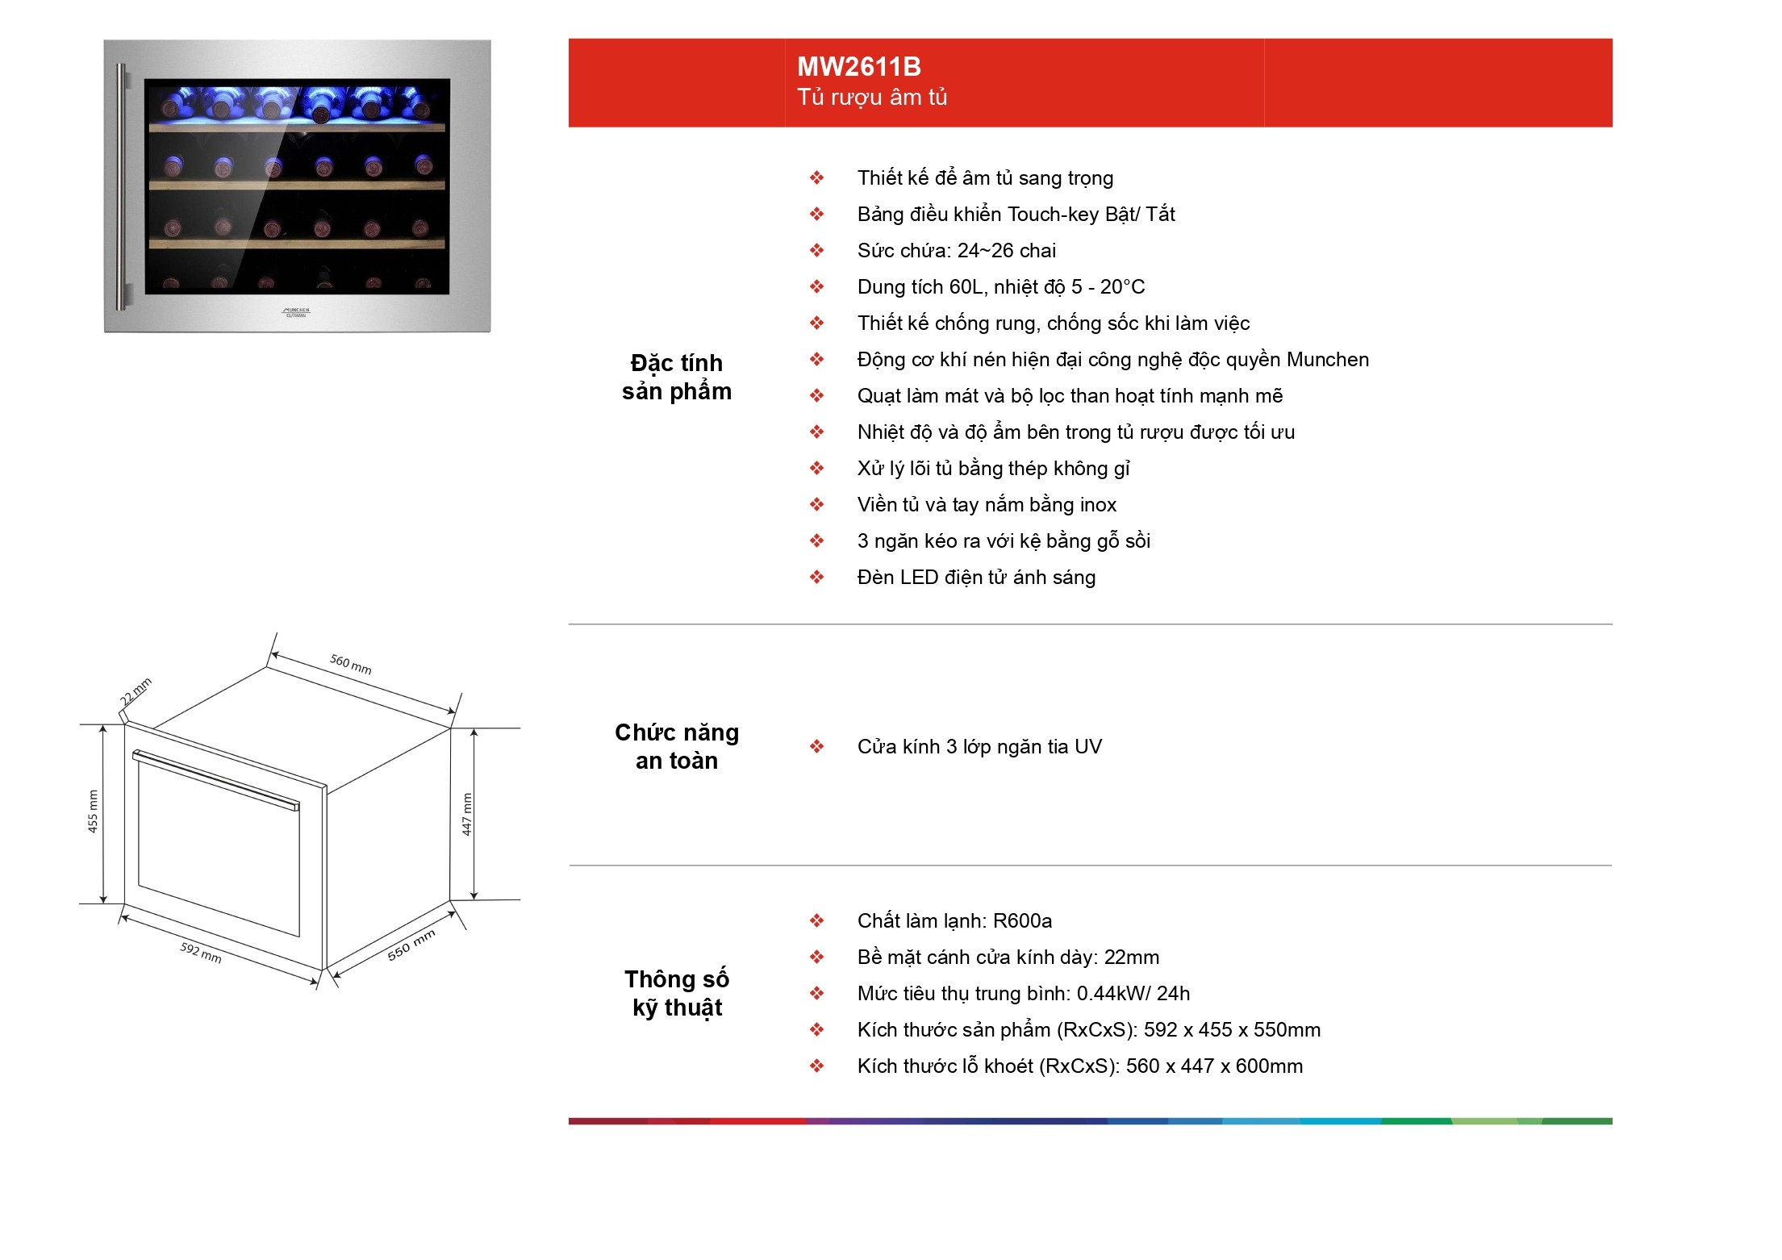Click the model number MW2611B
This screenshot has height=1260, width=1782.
[x=859, y=66]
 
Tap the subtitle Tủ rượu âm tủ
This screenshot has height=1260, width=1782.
[x=872, y=98]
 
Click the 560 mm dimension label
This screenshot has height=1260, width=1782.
[x=351, y=664]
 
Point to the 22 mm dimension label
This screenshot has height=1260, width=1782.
[x=136, y=691]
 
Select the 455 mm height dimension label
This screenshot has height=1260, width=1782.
[x=93, y=811]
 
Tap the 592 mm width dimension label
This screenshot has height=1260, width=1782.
[x=201, y=952]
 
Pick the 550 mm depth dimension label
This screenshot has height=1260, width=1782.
[x=411, y=945]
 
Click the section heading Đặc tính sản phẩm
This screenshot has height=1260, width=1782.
[x=677, y=377]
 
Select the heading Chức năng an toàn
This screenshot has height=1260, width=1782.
[x=677, y=746]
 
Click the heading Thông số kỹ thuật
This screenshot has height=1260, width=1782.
[x=677, y=993]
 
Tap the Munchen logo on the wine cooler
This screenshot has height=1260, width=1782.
[x=296, y=312]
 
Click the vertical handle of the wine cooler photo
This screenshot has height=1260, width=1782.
[x=122, y=187]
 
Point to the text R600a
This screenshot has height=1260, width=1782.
[x=1022, y=921]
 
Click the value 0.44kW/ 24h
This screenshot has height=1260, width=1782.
[x=1133, y=994]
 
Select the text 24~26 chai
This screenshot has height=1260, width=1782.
[x=1007, y=251]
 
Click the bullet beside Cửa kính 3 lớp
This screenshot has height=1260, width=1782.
[x=817, y=747]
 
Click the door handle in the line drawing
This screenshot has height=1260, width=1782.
[x=215, y=779]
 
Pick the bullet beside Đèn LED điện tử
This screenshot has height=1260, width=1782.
[x=817, y=578]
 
